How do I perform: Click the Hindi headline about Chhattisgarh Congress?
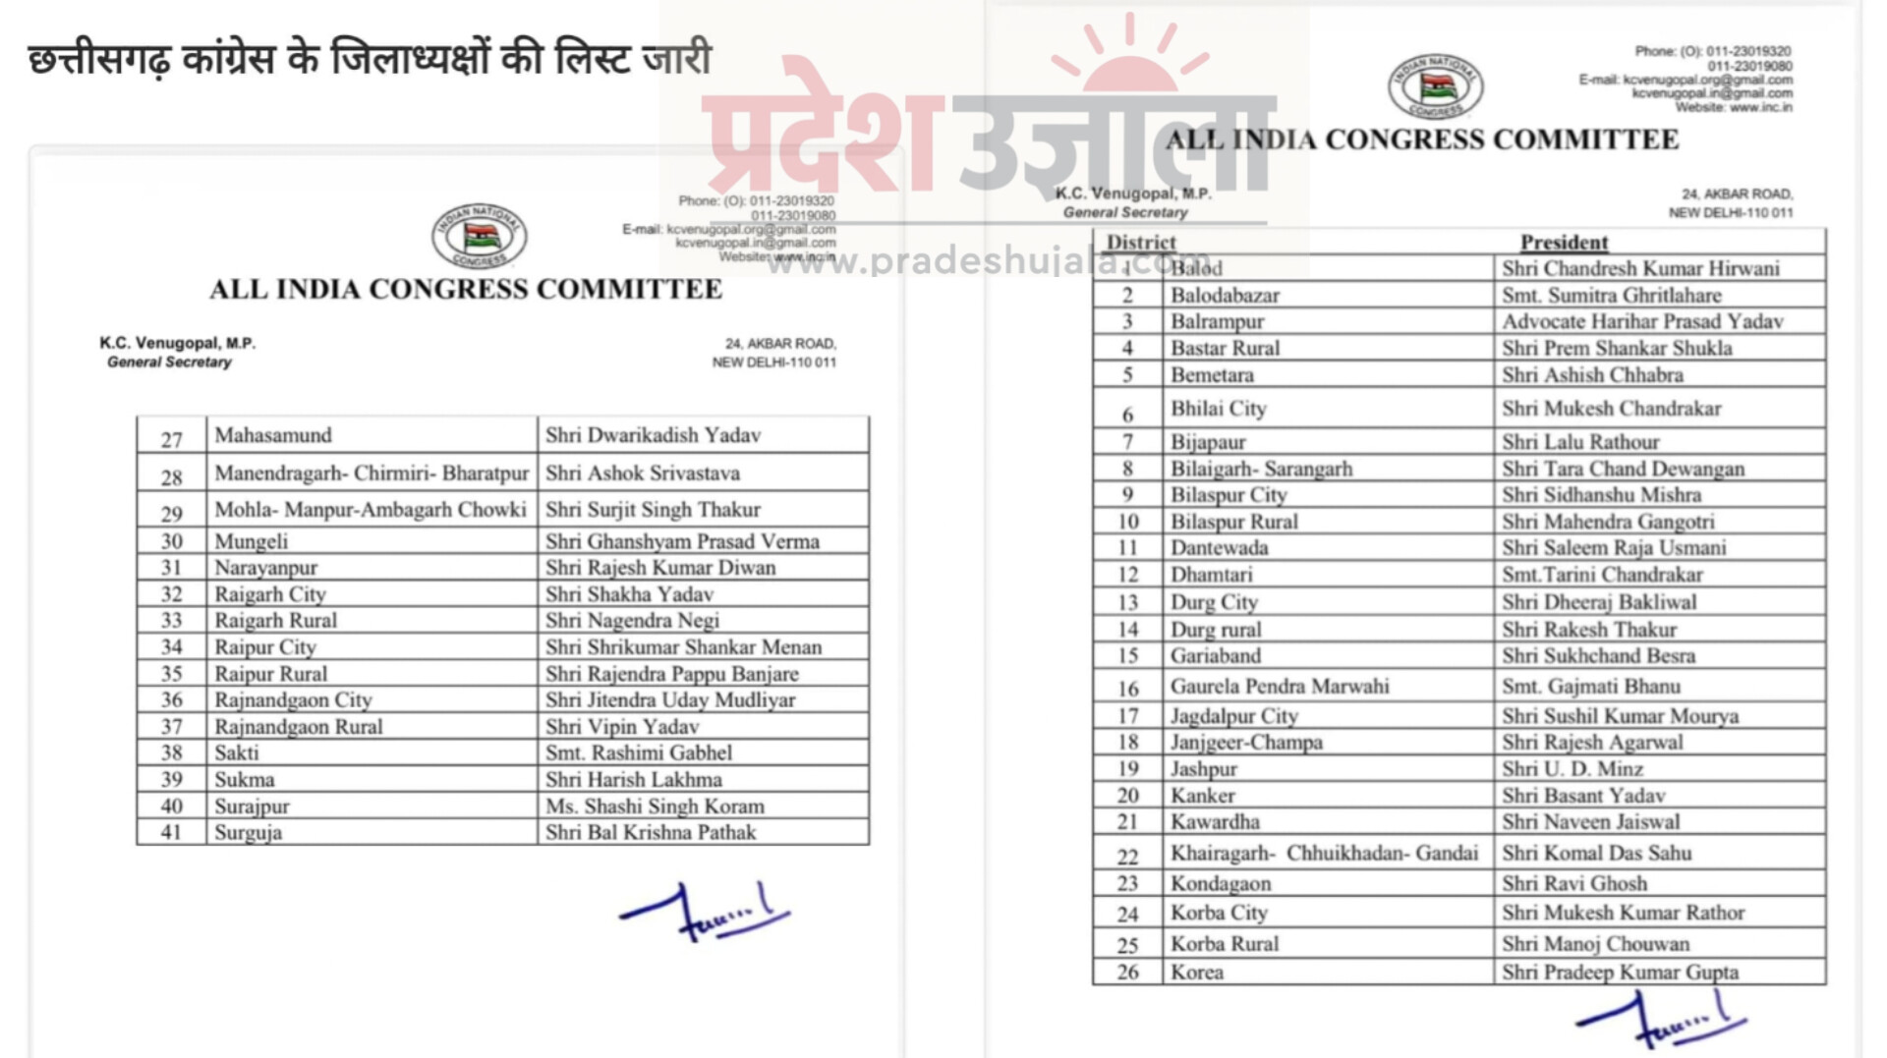coord(369,60)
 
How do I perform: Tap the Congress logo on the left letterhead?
coord(479,236)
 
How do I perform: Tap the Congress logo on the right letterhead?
coord(1435,86)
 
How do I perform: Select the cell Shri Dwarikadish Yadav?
coord(653,435)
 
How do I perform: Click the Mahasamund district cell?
coord(273,435)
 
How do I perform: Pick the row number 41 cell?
coord(172,833)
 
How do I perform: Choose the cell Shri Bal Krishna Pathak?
coord(651,833)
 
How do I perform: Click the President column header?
coord(1564,243)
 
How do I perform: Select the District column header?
coord(1141,243)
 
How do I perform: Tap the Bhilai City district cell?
coord(1218,409)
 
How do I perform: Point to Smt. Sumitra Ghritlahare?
coord(1611,295)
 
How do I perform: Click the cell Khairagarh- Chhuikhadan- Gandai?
coord(1324,853)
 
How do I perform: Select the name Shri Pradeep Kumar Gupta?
coord(1620,973)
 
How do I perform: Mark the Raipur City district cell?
coord(265,647)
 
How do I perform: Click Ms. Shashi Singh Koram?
coord(655,807)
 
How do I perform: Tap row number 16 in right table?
coord(1127,689)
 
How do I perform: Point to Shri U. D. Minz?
coord(1572,769)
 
